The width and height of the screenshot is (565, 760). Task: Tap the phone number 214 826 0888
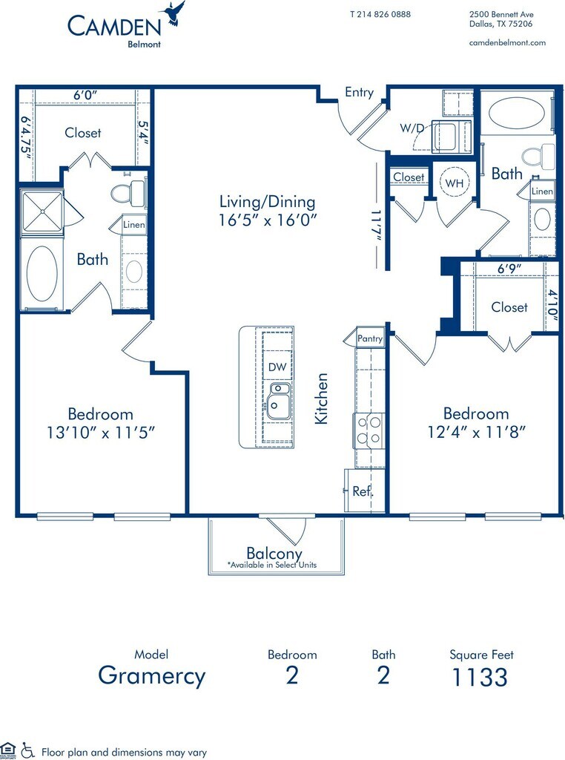[384, 14]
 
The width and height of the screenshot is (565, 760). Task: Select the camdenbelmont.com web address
[507, 42]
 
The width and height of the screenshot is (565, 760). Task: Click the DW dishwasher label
[277, 367]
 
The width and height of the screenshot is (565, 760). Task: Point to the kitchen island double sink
[278, 400]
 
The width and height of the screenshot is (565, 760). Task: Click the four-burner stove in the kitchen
[369, 431]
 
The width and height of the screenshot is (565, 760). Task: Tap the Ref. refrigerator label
[363, 491]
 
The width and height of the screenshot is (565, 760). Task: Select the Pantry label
[370, 338]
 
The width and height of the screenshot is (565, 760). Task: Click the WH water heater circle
[454, 183]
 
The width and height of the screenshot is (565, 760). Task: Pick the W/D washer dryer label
[412, 128]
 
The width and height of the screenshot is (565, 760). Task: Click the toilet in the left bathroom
[128, 194]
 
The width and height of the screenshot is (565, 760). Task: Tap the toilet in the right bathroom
[538, 156]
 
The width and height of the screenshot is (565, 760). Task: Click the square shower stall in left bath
[42, 212]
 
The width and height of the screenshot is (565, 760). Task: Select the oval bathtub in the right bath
[512, 113]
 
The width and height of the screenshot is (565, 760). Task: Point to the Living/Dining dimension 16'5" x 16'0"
[267, 220]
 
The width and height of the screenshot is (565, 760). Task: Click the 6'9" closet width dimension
[509, 268]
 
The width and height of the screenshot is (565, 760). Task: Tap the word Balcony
[274, 553]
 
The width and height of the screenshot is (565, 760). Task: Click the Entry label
[359, 92]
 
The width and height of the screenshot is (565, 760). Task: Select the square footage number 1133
[480, 677]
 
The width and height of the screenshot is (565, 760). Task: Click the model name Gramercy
[152, 676]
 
